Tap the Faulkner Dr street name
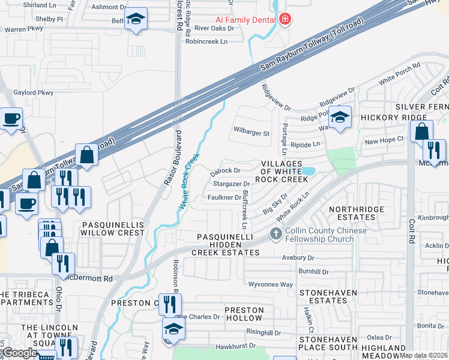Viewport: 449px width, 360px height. pyautogui.click(x=224, y=197)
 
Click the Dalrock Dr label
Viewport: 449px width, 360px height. pyautogui.click(x=228, y=170)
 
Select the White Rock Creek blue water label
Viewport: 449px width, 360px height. pyautogui.click(x=191, y=181)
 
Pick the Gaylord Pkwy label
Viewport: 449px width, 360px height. pyautogui.click(x=34, y=92)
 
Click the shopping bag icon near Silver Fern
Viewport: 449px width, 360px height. pyautogui.click(x=421, y=131)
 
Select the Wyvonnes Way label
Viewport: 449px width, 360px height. pyautogui.click(x=271, y=284)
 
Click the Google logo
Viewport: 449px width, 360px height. pyautogui.click(x=20, y=353)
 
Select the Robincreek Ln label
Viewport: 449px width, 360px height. pyautogui.click(x=207, y=41)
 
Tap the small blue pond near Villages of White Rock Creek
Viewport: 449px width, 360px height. pyautogui.click(x=308, y=172)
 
